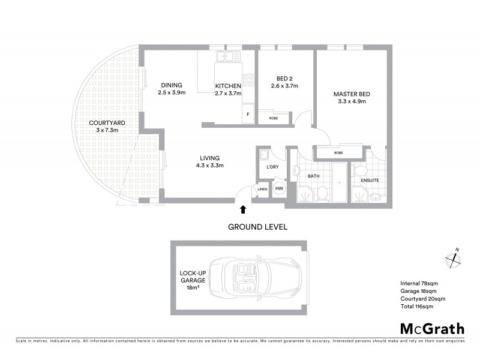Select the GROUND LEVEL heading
point(257,227)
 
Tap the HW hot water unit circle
point(279,189)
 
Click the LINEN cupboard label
point(262,190)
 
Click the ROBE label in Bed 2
point(273,118)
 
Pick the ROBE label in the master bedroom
point(339,153)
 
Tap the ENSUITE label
point(368,179)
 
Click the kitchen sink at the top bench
point(229,56)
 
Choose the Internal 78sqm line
point(419,283)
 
